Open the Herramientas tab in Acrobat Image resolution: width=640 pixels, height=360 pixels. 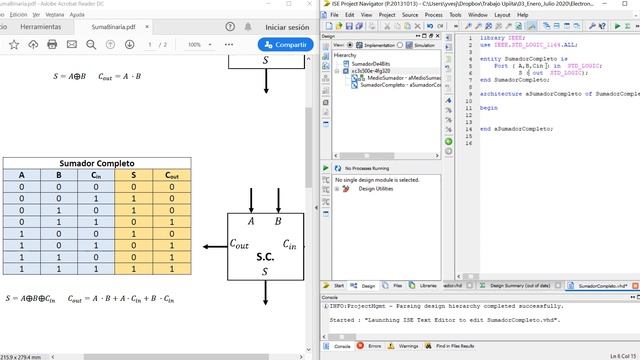(40, 27)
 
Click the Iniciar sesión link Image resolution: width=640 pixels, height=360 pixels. (287, 27)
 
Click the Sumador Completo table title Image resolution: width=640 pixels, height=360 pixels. (97, 163)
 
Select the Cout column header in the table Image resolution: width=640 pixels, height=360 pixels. (172, 175)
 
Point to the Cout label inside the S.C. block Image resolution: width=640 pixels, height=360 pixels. (240, 243)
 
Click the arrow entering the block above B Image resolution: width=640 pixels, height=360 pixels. (278, 196)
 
